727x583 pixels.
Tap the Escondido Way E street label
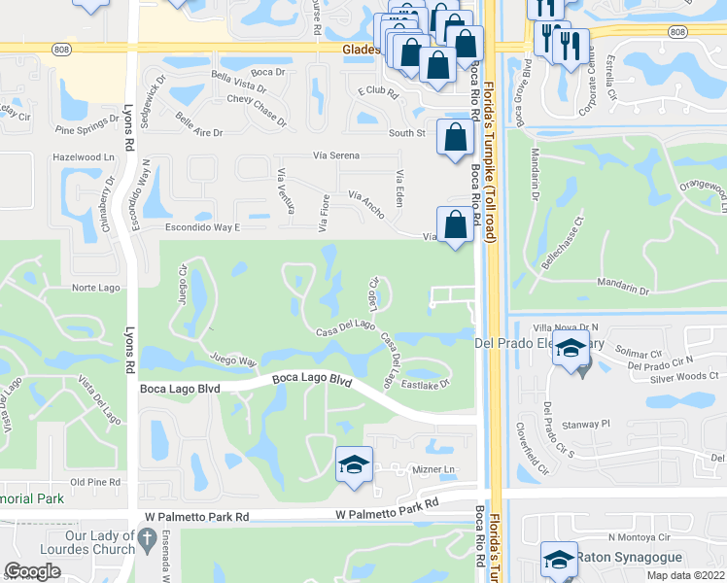coord(202,227)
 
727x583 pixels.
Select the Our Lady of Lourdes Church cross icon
coord(147,537)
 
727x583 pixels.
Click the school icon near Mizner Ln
coord(355,464)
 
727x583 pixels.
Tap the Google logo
coord(33,571)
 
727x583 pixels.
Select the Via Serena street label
coord(336,155)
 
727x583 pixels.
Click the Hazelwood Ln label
coord(84,156)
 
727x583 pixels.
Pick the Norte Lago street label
coord(96,289)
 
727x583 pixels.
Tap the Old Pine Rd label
coord(94,482)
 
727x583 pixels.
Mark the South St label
coord(407,133)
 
